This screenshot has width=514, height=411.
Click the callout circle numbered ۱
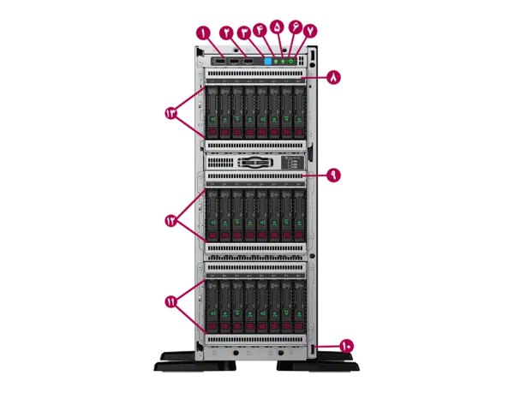tap(203, 33)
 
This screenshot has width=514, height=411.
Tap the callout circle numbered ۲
tap(226, 33)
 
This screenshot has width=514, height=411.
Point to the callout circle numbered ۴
tap(260, 29)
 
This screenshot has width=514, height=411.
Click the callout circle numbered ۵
tap(277, 27)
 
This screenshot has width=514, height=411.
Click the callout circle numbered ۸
tap(333, 77)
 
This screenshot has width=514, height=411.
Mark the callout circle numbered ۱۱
tap(170, 301)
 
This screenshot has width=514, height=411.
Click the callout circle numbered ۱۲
tap(170, 221)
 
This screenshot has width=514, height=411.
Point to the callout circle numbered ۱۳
tap(170, 112)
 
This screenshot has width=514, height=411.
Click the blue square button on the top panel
tap(268, 62)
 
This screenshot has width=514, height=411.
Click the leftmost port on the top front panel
tap(219, 62)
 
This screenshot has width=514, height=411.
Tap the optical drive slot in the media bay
tap(256, 162)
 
